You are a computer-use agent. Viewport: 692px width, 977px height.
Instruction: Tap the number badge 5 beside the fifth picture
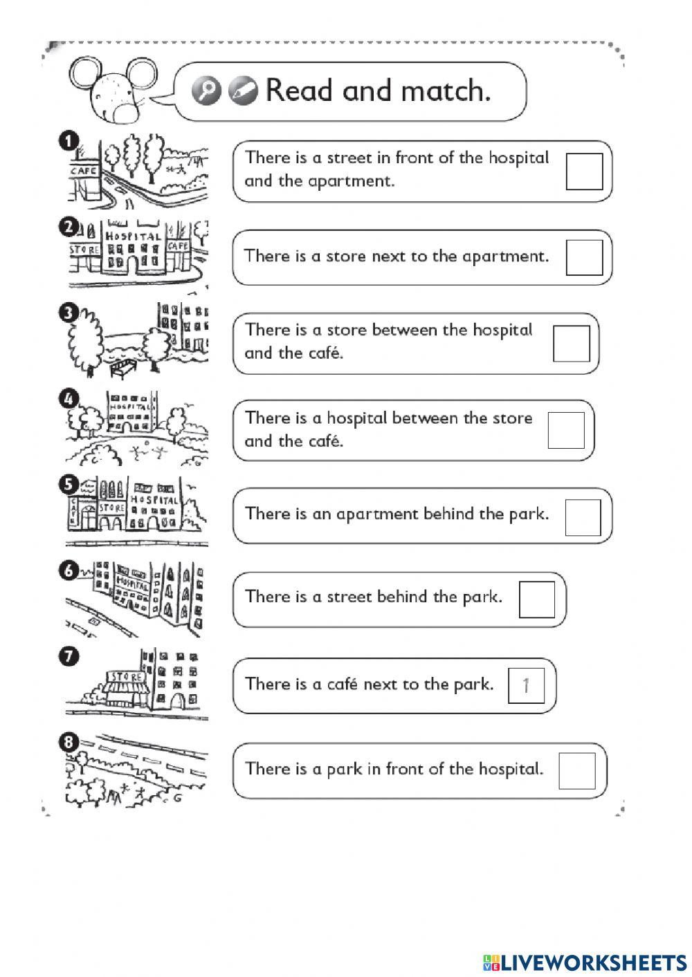click(69, 485)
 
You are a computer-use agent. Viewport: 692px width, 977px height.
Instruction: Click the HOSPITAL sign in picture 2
click(133, 236)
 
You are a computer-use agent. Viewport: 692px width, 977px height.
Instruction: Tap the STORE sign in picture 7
click(125, 677)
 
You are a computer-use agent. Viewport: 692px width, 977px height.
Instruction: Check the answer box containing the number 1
click(526, 685)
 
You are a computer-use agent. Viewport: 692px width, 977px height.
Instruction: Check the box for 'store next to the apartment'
click(584, 257)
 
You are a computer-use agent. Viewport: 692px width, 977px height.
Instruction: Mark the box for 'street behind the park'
click(537, 599)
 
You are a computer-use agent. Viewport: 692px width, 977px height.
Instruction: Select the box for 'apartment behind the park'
click(583, 517)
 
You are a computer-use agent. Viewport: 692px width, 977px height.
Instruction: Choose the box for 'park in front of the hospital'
click(576, 770)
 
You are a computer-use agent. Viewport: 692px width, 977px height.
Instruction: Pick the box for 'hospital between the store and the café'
click(566, 430)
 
